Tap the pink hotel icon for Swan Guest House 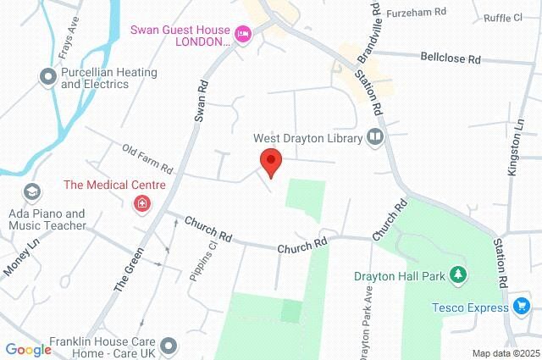244,35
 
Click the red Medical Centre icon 142,202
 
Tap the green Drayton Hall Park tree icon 458,274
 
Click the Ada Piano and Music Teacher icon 32,191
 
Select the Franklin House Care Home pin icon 169,345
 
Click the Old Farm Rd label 147,157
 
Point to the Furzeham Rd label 416,13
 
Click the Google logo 28,349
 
